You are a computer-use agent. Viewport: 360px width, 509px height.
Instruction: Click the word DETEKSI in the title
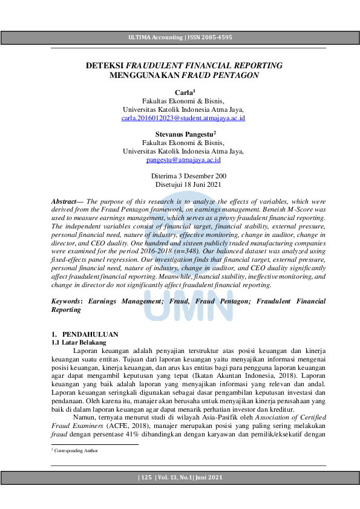point(104,65)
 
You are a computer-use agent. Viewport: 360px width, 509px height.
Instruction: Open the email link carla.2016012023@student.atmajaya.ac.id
point(183,118)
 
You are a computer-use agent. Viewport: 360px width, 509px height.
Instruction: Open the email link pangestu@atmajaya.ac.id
point(183,160)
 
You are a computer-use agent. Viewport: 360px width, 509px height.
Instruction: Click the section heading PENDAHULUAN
point(91,334)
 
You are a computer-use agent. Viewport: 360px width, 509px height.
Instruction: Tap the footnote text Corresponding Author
point(76,451)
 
